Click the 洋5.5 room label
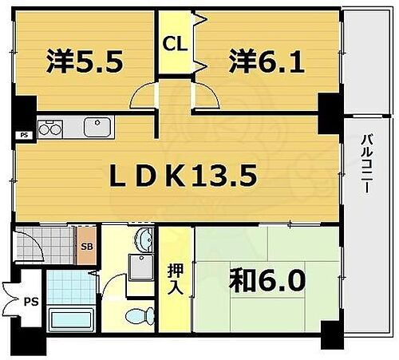click(85, 62)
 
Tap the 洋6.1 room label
click(267, 62)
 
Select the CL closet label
click(176, 45)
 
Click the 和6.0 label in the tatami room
click(267, 280)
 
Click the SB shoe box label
click(86, 247)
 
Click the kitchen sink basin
click(97, 126)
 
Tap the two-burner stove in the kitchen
click(49, 128)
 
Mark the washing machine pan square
click(142, 271)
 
